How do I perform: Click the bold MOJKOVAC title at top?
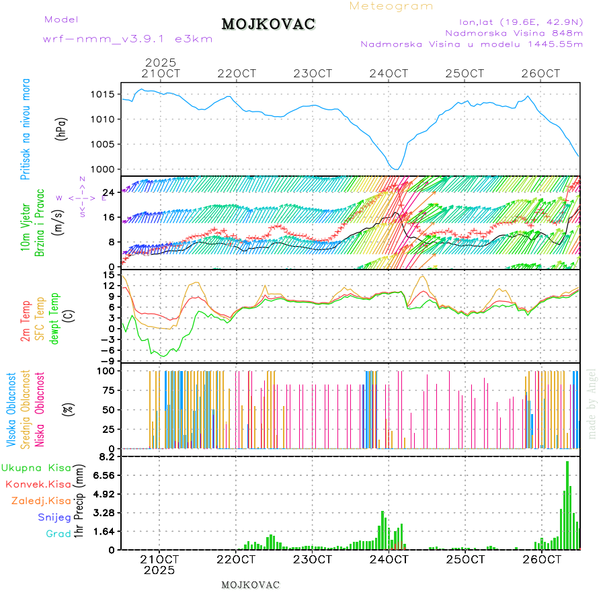click(268, 24)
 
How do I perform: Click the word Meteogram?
click(391, 6)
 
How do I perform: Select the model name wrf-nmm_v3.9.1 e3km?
click(128, 39)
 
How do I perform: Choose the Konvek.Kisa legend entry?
click(38, 484)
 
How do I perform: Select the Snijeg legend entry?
click(54, 517)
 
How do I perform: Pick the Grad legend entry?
click(58, 534)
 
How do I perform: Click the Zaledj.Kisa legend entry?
click(41, 500)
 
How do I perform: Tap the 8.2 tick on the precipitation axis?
click(108, 456)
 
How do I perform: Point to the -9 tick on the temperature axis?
click(108, 361)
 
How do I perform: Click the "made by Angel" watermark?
click(592, 403)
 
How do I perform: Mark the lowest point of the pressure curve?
click(397, 169)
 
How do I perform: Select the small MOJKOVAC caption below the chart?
click(250, 585)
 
